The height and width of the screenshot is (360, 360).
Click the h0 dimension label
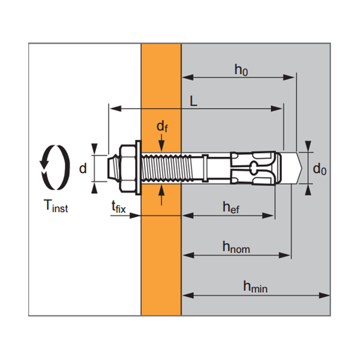[x=241, y=70]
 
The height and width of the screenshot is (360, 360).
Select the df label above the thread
[x=161, y=126]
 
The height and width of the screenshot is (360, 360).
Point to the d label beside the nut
[x=83, y=168]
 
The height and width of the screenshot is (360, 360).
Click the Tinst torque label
[x=56, y=207]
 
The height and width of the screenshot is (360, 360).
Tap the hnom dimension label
[x=236, y=246]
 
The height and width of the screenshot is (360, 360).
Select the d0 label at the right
[x=320, y=169]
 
